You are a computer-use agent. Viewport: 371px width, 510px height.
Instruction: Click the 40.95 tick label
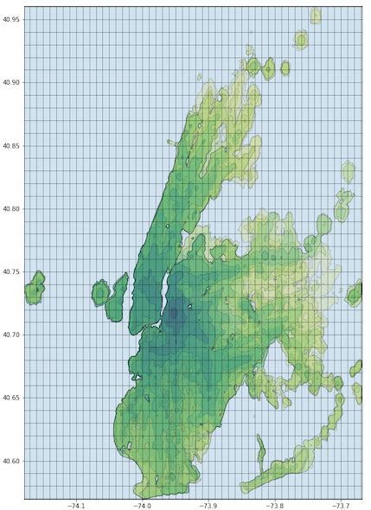tap(11, 19)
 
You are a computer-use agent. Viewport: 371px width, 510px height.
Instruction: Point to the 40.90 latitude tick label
tap(11, 82)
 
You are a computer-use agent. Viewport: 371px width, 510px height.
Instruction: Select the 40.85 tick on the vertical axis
tap(11, 145)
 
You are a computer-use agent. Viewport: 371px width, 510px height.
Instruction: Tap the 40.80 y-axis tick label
tap(11, 208)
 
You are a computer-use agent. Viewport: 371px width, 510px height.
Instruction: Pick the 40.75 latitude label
tap(11, 271)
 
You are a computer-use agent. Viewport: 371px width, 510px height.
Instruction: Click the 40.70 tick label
tap(11, 335)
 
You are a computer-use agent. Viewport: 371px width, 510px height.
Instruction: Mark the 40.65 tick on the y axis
tap(11, 398)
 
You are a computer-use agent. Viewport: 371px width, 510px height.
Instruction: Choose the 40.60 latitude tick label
tap(11, 461)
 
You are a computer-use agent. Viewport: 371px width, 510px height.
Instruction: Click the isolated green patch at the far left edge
tap(35, 288)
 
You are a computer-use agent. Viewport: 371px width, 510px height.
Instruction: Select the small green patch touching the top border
tap(317, 14)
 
